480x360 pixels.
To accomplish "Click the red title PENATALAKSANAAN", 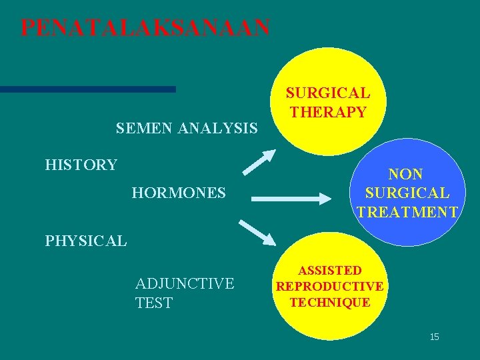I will coord(145,28).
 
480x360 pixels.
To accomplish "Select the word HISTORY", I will coord(81,165).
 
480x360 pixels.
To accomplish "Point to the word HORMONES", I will coord(179,193).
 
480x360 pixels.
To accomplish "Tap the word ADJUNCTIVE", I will coord(185,284).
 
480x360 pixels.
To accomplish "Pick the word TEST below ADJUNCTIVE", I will coord(153,303).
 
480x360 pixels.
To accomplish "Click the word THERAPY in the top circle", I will coord(328,112).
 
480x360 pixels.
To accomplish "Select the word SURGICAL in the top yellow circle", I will coord(328,93).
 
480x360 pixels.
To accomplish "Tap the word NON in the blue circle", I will coord(406,175).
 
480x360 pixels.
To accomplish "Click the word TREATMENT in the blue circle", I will coord(407,213).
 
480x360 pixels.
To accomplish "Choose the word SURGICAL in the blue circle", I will coord(407,193).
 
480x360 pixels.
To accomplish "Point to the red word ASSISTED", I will coord(329,271).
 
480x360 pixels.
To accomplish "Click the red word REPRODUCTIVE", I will coord(329,287).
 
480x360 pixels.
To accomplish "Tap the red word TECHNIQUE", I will coord(329,302).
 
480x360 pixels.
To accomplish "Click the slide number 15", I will coord(434,337).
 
